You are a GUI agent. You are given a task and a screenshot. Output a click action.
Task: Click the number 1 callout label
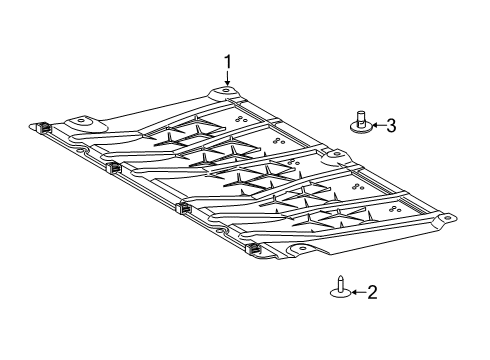pos(228,62)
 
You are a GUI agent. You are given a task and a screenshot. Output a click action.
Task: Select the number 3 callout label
pos(391,125)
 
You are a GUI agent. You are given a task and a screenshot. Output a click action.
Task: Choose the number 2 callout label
pos(372,292)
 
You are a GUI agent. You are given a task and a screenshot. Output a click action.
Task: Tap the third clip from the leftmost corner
pos(183,207)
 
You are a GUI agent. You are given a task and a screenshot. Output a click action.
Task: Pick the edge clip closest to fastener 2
pos(253,247)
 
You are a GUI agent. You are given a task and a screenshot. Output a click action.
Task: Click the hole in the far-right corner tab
pos(447,218)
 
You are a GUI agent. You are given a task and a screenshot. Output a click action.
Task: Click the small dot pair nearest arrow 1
pos(241,117)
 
